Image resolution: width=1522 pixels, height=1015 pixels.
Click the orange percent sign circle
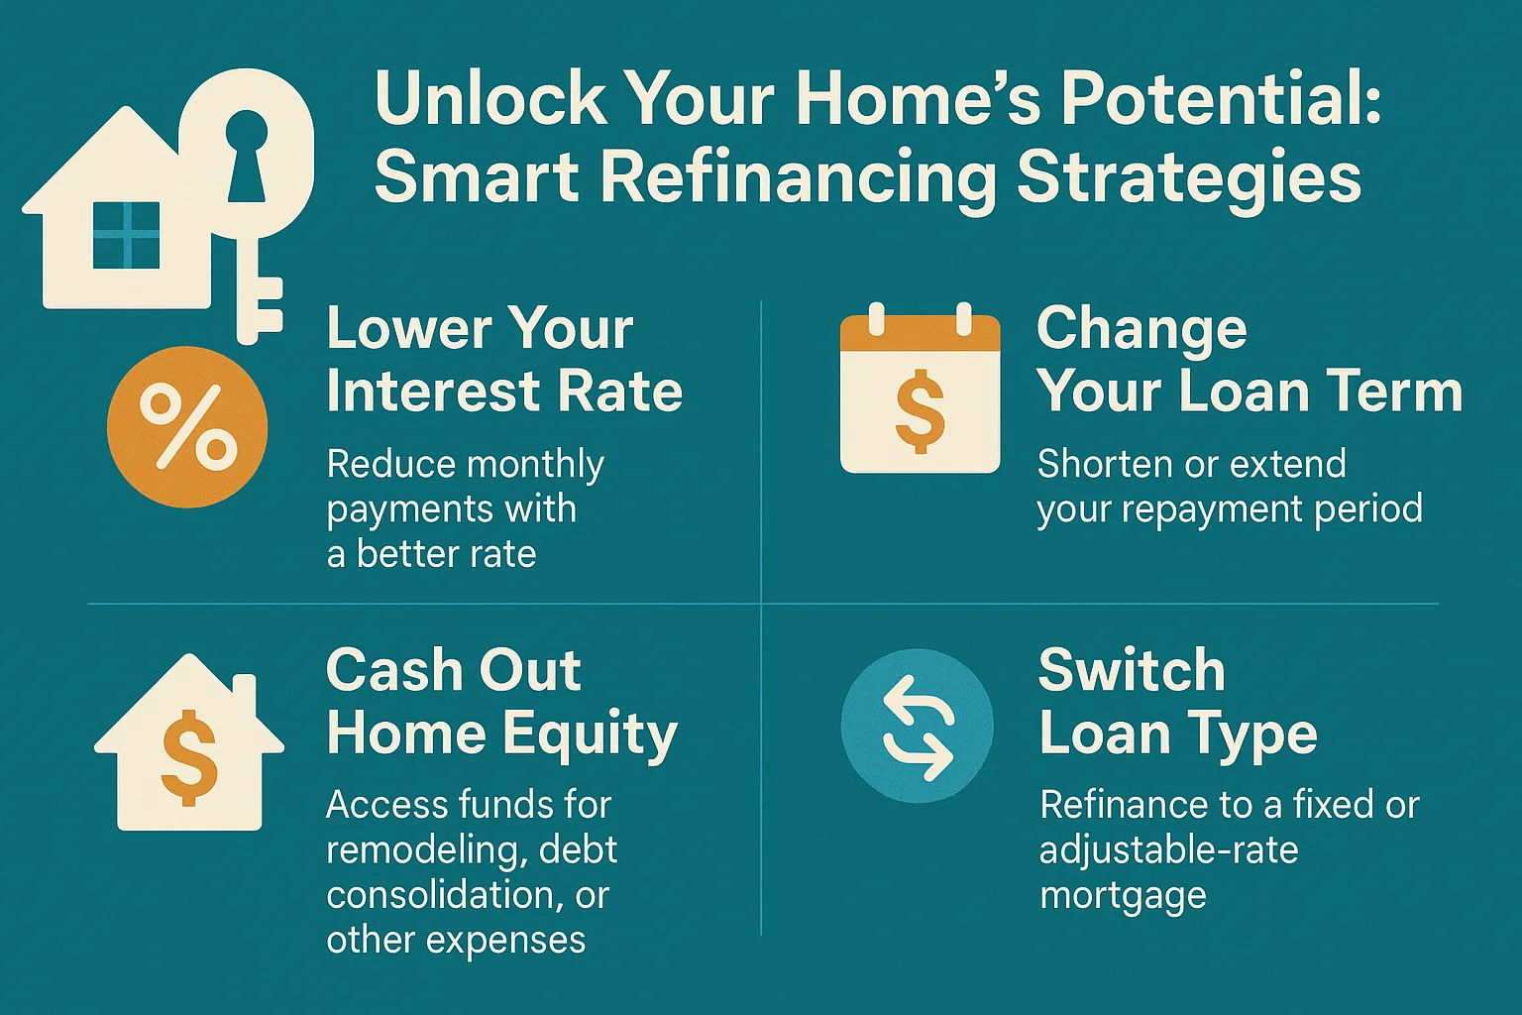click(x=187, y=426)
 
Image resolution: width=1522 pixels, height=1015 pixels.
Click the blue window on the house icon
click(x=126, y=235)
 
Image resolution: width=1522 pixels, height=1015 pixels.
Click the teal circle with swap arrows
click(x=917, y=725)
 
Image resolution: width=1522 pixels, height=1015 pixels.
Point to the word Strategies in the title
click(x=1189, y=178)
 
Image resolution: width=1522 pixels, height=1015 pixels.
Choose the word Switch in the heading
click(x=1132, y=671)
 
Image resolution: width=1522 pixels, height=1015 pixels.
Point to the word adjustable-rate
click(x=1168, y=850)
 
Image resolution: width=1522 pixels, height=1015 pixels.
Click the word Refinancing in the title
click(x=799, y=178)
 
